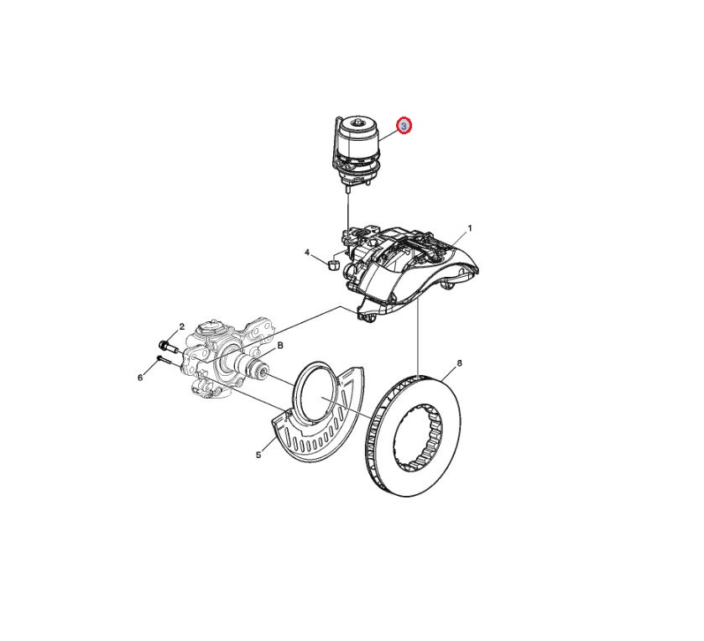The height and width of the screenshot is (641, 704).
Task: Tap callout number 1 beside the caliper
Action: pos(470,228)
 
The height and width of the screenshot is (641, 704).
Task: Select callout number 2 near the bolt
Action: pos(182,326)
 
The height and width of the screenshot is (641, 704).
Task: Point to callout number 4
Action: pos(307,253)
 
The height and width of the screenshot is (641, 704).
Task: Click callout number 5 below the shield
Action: pos(258,455)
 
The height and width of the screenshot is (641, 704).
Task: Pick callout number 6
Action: pos(140,378)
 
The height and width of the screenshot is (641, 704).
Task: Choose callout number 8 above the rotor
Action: pos(459,363)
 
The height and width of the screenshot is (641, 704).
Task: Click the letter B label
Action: pos(280,345)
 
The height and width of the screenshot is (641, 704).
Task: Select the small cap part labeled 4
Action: pos(334,264)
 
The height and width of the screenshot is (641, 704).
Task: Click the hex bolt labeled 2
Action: pos(168,347)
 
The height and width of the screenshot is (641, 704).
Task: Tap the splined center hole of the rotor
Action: pos(418,439)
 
